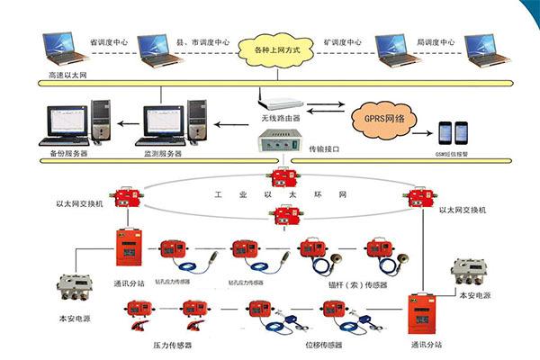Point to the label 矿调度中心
pyautogui.click(x=342, y=42)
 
